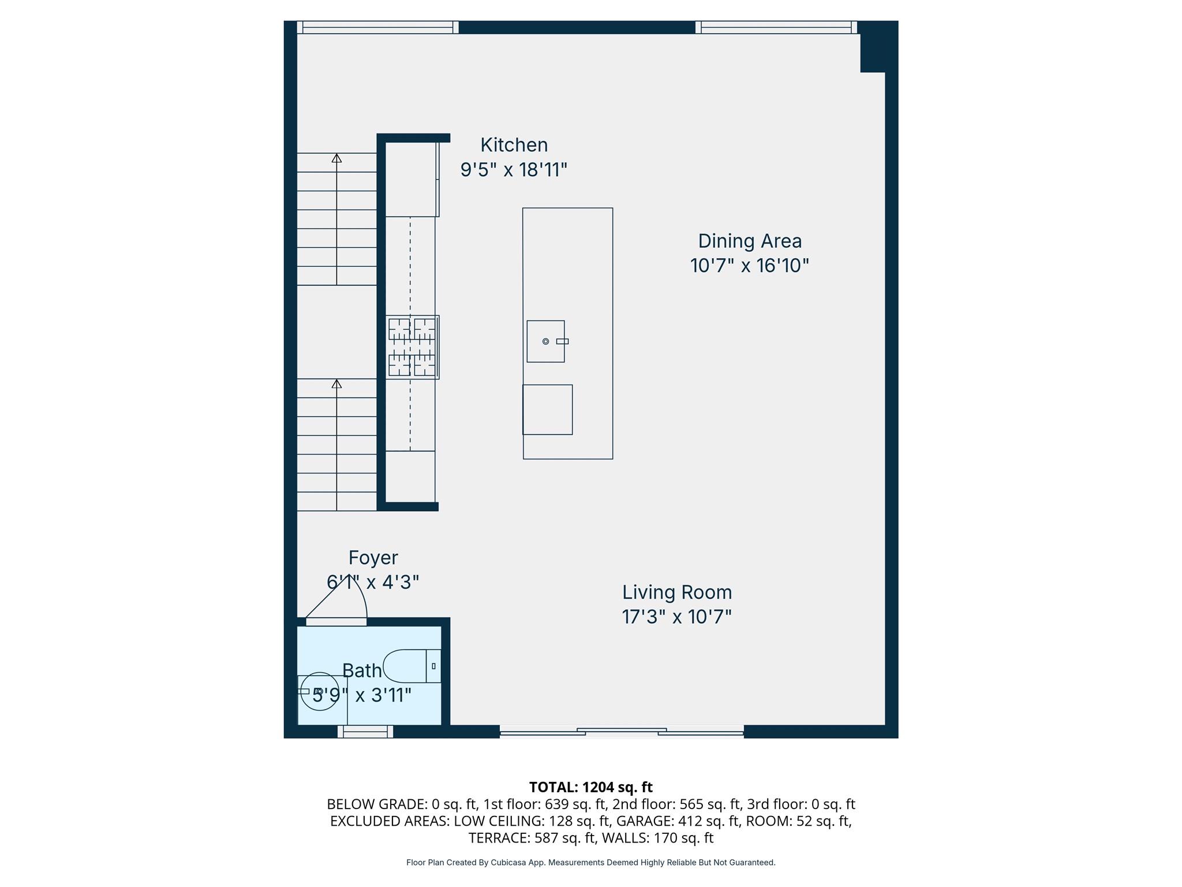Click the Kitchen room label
[x=514, y=145]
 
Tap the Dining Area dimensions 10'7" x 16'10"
[x=749, y=266]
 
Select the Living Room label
[x=676, y=592]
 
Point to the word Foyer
[x=373, y=558]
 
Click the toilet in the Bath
[x=411, y=666]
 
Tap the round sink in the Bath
[x=319, y=691]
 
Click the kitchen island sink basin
[x=545, y=341]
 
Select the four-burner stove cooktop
[x=412, y=347]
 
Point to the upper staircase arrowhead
[x=336, y=158]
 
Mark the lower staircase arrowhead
[x=336, y=384]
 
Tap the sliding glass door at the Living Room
[x=622, y=732]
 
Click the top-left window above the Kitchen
[x=377, y=27]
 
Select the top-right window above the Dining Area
[x=776, y=27]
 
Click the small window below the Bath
[x=365, y=732]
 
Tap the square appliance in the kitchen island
[x=547, y=409]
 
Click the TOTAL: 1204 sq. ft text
[x=590, y=787]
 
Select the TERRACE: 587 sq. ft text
[x=531, y=837]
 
